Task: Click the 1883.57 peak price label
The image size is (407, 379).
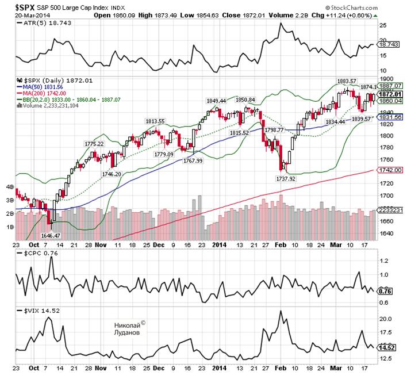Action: click(347, 80)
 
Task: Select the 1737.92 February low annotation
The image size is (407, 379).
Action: click(285, 178)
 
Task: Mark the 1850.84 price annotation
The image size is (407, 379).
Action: click(245, 99)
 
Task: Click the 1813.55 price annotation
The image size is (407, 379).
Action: click(155, 121)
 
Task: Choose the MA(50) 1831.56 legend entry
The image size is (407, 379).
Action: click(39, 87)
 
